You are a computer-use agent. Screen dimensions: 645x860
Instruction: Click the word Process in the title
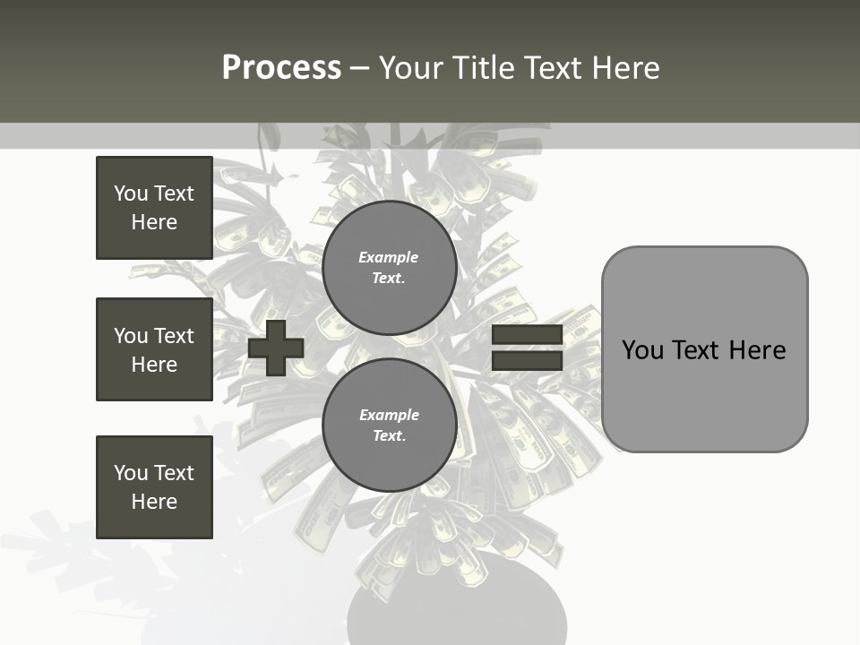[x=281, y=68]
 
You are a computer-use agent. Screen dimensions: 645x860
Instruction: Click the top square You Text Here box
[x=154, y=208]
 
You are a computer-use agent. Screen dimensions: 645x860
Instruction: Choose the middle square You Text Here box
[x=154, y=349]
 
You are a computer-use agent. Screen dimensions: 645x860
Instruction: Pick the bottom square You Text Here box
[x=154, y=487]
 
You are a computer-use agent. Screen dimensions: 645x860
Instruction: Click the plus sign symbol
[x=276, y=348]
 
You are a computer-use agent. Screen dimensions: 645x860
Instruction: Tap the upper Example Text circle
[x=389, y=268]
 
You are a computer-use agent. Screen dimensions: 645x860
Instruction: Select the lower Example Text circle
[x=389, y=426]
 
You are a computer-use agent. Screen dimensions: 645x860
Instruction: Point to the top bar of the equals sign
[x=527, y=335]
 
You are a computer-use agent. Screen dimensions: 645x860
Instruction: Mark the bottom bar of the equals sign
[x=527, y=360]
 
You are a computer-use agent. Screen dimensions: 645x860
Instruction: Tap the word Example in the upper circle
[x=389, y=257]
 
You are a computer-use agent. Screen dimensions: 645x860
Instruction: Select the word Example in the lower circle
[x=389, y=415]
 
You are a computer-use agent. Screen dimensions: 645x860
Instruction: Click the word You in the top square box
[x=131, y=193]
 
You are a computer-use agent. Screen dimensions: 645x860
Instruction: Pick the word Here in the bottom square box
[x=154, y=502]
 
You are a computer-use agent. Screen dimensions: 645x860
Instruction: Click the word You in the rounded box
[x=642, y=349]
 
